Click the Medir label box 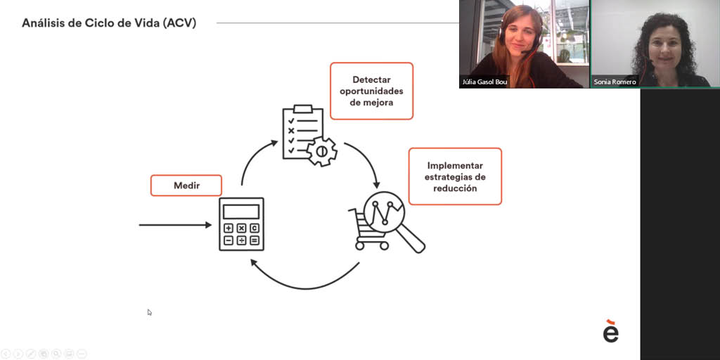coord(186,186)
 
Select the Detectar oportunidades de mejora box coord(371,91)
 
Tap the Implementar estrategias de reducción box coord(455,176)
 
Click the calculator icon coord(242,224)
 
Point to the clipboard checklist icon coord(303,132)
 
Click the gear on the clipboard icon coord(322,151)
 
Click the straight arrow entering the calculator coord(175,225)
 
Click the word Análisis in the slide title coord(41,23)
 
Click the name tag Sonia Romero coord(615,82)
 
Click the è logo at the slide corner coord(611,331)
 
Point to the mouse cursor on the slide coord(149,312)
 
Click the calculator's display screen coord(241,212)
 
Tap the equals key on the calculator coord(255,240)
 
